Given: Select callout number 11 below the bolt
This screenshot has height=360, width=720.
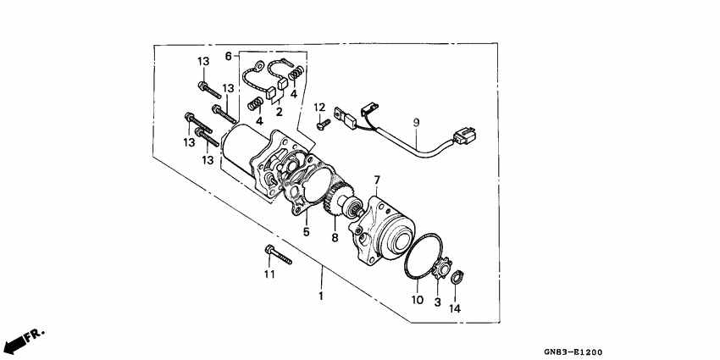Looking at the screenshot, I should click(269, 274).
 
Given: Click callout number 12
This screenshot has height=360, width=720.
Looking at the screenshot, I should click(319, 108).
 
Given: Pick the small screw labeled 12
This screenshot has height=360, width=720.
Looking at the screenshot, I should click(323, 125).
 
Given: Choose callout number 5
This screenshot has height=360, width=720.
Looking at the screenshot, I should click(306, 230).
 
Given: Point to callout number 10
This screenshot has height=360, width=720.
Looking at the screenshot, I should click(416, 299).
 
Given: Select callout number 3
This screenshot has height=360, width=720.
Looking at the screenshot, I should click(438, 302).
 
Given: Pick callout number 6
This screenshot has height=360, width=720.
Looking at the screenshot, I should click(228, 56).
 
